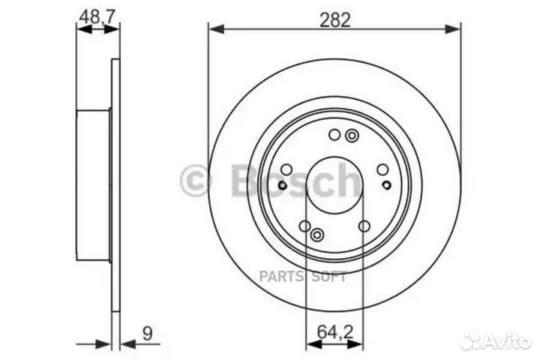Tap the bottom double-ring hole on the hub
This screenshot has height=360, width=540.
[x=317, y=235]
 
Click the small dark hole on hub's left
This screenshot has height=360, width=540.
[x=282, y=186]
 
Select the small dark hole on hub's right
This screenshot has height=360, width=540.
[x=386, y=184]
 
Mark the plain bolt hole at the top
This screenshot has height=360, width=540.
[x=334, y=135]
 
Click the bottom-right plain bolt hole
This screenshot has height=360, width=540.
[x=364, y=226]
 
